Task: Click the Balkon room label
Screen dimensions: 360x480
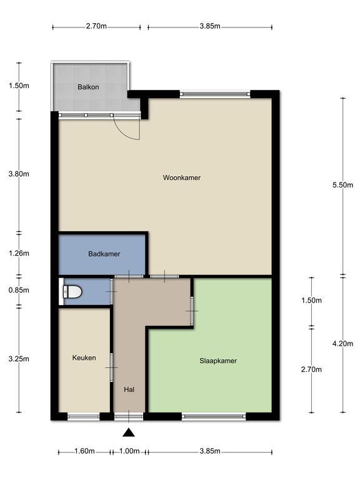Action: click(x=88, y=87)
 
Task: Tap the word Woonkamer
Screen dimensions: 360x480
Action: click(x=181, y=177)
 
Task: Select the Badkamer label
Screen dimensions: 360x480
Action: click(x=104, y=254)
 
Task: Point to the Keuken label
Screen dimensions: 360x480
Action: click(x=84, y=357)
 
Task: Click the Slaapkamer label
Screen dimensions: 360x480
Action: click(x=218, y=361)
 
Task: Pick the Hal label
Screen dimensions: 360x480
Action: click(x=129, y=389)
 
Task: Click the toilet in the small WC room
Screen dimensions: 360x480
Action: click(x=72, y=292)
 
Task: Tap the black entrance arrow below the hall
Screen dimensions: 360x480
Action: click(x=129, y=432)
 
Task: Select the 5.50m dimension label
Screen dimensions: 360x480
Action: click(x=342, y=185)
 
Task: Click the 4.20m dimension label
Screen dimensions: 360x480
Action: click(x=342, y=344)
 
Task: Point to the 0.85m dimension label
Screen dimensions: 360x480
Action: click(x=19, y=290)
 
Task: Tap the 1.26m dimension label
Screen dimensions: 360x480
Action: click(x=19, y=253)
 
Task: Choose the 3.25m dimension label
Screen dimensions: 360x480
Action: click(x=19, y=359)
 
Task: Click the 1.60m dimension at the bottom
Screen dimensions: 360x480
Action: click(x=84, y=451)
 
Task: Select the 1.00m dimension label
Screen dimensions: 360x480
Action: click(x=129, y=451)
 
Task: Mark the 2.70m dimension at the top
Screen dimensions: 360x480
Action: click(x=96, y=26)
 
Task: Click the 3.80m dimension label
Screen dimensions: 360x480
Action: click(x=19, y=174)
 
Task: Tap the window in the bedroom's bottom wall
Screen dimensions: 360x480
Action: click(x=214, y=416)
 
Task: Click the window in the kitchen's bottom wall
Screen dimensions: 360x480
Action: click(x=84, y=416)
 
